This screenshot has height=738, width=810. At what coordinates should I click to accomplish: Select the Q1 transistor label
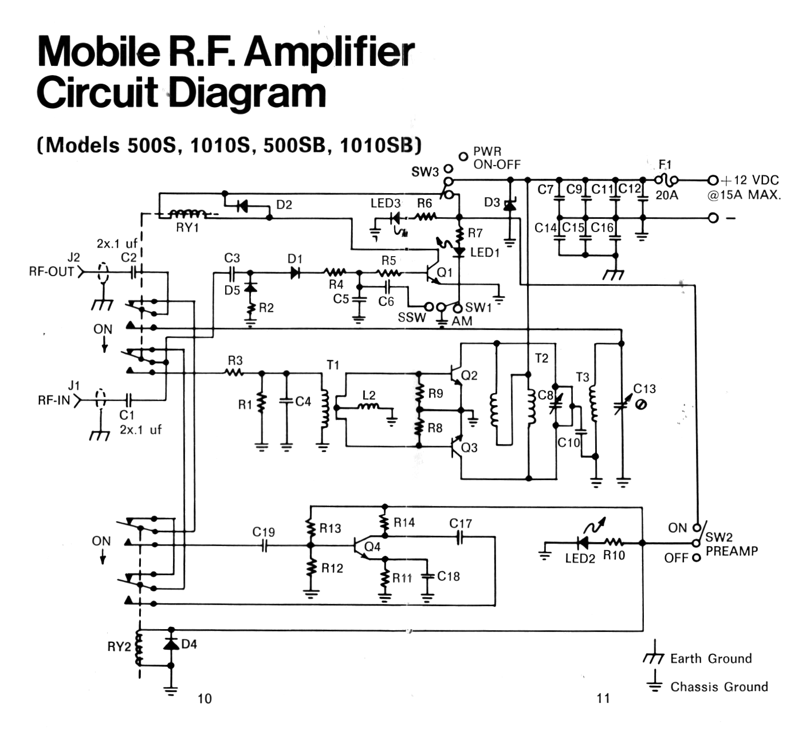(445, 272)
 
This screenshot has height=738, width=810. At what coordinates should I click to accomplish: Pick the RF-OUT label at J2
(52, 271)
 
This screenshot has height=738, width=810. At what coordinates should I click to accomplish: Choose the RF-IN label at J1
(54, 400)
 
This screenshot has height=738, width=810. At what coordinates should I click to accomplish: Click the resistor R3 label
(235, 360)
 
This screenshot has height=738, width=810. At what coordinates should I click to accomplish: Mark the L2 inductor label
(369, 395)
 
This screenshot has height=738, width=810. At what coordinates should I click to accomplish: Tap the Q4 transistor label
(372, 547)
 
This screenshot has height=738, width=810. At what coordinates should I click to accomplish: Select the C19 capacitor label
(264, 532)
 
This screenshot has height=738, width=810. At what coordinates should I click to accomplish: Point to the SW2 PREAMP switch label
(731, 544)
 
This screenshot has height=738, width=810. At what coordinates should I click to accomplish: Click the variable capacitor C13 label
(644, 388)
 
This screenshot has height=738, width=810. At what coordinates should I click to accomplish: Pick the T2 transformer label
(541, 359)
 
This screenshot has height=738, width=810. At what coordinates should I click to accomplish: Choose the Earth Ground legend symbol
(653, 658)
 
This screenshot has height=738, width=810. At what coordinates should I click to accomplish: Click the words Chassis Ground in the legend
(718, 686)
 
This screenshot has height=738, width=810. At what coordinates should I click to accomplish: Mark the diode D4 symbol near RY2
(171, 645)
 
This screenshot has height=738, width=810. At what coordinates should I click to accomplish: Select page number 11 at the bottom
(603, 698)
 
